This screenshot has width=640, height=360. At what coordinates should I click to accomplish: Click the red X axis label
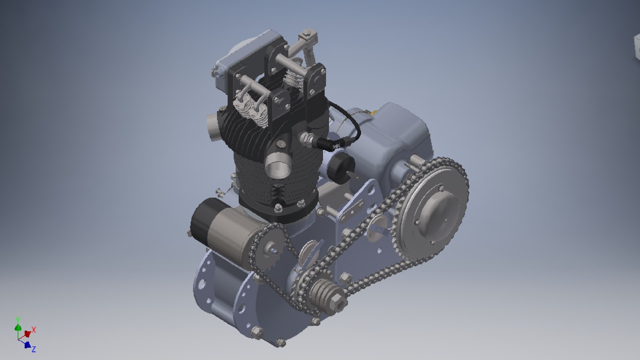coord(34,330)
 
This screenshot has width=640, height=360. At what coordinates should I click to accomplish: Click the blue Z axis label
coord(33,349)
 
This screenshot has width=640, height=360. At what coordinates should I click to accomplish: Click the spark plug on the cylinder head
coord(306,138)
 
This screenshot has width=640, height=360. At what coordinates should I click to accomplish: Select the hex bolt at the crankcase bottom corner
coord(281,342)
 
